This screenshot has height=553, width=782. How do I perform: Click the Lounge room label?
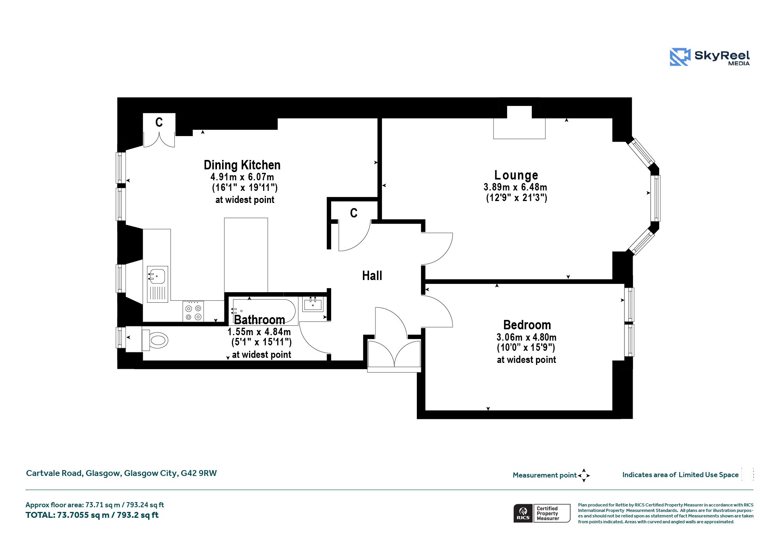click(516, 175)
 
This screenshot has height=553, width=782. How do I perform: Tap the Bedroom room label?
click(527, 325)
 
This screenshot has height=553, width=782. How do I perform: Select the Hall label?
click(372, 275)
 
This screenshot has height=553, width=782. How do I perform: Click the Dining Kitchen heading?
click(242, 165)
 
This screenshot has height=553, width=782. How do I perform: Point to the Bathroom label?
click(259, 320)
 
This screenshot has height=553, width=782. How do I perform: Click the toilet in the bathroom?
click(155, 340)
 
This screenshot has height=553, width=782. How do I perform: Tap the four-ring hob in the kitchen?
click(193, 311)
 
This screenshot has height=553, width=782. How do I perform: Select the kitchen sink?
click(158, 284)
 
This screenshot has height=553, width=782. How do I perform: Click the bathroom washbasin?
click(313, 304)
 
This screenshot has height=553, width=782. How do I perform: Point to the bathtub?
click(264, 311)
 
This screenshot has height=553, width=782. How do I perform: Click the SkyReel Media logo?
click(710, 57)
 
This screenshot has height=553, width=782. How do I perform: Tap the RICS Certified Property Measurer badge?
click(542, 513)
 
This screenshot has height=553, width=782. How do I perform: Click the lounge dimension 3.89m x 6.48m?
click(515, 187)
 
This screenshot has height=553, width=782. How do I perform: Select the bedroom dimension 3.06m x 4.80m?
click(526, 337)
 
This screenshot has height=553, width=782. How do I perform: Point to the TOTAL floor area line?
click(92, 515)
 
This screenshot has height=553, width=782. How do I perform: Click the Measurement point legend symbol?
click(584, 475)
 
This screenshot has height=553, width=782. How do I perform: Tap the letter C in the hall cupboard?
click(353, 213)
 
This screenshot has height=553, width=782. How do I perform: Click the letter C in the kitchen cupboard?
click(159, 122)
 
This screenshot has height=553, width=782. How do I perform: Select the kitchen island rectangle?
click(246, 255)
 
